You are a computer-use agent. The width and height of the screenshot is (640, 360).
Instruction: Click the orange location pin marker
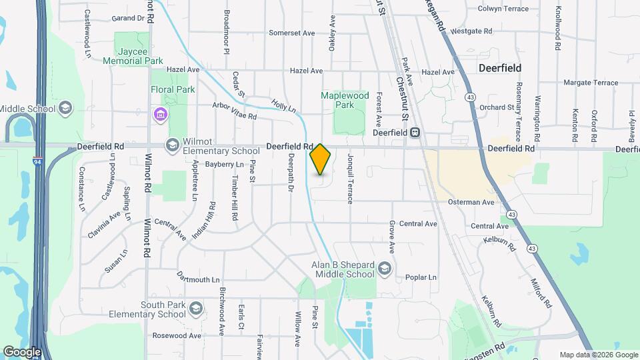[x=320, y=159]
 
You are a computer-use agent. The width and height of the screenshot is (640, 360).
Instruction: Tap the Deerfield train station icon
[x=415, y=133]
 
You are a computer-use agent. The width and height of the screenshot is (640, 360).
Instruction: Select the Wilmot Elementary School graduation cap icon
[x=173, y=145]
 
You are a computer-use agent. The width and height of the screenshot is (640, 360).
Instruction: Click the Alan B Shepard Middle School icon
[x=384, y=269]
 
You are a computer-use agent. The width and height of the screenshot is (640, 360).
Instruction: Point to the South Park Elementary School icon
[x=195, y=309]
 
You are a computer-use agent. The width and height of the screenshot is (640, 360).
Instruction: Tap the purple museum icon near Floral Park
[x=159, y=115]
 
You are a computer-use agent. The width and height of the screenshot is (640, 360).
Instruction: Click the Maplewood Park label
[x=345, y=100]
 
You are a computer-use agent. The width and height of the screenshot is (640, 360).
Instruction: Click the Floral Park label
[x=173, y=89]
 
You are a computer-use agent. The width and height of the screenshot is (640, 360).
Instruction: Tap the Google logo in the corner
[x=22, y=351]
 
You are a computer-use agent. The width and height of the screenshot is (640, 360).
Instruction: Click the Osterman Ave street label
[x=471, y=202]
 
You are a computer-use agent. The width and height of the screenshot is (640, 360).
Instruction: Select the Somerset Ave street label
[x=291, y=33]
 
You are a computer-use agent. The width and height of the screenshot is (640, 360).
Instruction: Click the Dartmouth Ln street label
[x=198, y=279]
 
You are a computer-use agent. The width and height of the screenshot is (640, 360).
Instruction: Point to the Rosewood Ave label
[x=177, y=335]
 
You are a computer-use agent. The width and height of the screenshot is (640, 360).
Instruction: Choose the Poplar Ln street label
[x=421, y=277]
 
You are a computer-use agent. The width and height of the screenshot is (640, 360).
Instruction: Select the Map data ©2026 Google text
[x=598, y=355]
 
